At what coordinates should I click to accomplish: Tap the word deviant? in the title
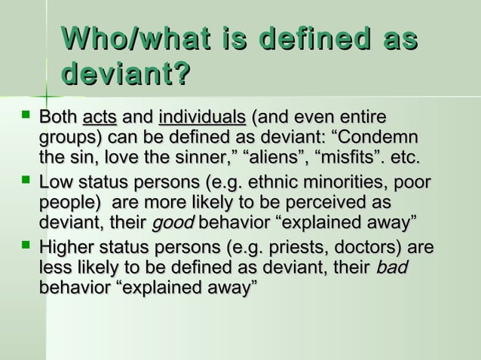click(125, 75)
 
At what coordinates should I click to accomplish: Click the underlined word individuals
click(202, 118)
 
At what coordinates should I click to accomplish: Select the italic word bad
click(393, 267)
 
